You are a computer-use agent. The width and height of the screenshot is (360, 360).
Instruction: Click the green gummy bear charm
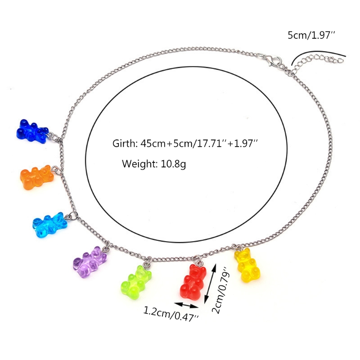[x=135, y=283]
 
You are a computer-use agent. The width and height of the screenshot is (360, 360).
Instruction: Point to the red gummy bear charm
[x=191, y=283]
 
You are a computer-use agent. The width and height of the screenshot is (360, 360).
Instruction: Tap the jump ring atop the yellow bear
[x=235, y=247]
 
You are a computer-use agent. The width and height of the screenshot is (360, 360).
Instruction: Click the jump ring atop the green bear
[x=147, y=261]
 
